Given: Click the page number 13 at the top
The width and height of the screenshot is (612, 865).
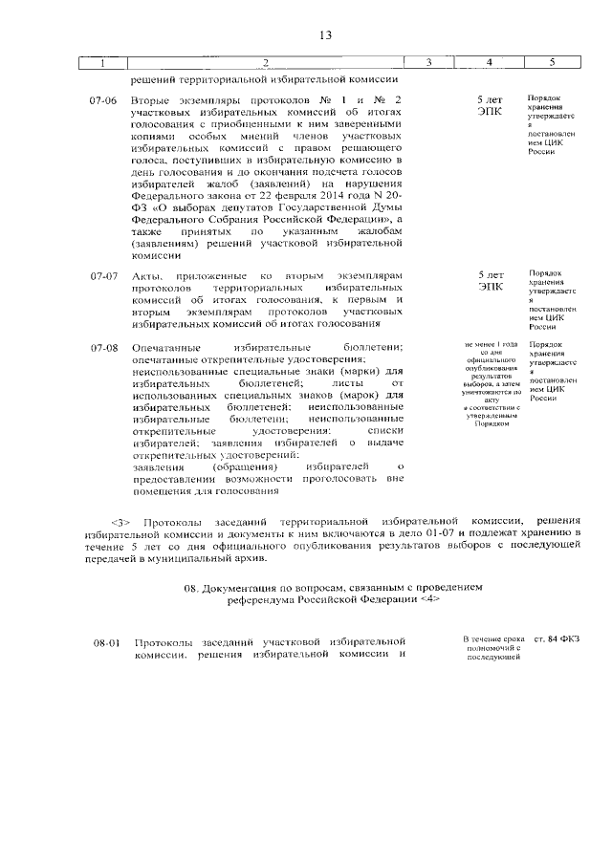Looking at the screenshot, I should pos(325,35).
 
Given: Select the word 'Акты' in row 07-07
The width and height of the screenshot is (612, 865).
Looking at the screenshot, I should pos(151,276).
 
